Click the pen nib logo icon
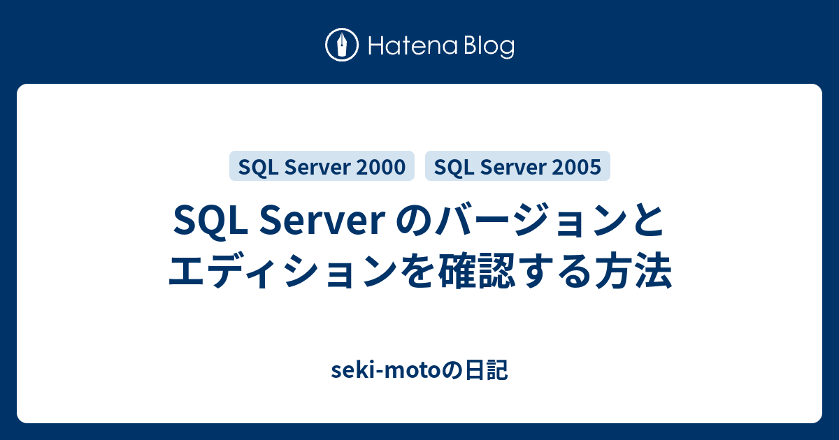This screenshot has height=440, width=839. (342, 45)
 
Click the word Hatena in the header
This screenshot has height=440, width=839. (413, 46)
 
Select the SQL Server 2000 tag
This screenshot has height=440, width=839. (322, 166)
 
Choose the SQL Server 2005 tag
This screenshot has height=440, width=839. (517, 166)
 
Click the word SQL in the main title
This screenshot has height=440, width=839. (210, 221)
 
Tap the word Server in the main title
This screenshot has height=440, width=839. (322, 221)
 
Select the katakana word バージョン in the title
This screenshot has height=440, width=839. (528, 220)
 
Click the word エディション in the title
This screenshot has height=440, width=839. (282, 270)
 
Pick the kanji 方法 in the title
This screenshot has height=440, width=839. (633, 270)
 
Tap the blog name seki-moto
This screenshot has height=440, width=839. (386, 370)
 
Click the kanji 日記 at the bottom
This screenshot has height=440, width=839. (487, 370)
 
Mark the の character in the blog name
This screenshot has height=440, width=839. (453, 370)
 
